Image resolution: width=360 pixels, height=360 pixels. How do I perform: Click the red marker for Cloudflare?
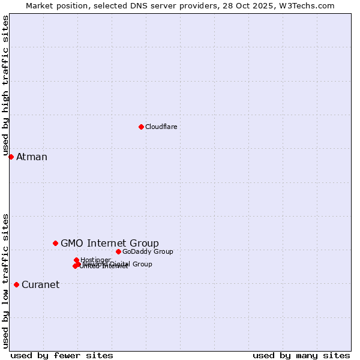141,127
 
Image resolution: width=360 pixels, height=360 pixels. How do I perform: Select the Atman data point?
11,157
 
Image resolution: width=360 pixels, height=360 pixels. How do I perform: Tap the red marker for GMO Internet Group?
55,243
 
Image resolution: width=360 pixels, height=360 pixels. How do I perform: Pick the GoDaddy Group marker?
118,251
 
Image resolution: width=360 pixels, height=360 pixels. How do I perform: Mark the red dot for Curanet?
16,284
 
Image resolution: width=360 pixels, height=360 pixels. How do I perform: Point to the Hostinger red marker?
76,260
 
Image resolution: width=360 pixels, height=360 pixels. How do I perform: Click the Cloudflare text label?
161,127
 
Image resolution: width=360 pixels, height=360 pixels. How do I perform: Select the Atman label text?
31,157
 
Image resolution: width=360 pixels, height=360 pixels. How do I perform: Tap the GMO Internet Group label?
110,243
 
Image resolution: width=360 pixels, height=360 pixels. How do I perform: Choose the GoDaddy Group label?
148,251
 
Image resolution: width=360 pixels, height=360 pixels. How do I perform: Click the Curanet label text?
40,284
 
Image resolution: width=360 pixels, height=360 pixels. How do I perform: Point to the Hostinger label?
95,260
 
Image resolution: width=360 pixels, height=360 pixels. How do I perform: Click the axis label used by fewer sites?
62,355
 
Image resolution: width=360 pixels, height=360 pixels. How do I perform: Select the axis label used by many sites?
301,355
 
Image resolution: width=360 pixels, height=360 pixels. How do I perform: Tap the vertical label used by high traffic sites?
5,85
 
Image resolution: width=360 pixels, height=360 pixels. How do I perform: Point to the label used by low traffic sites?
5,281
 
